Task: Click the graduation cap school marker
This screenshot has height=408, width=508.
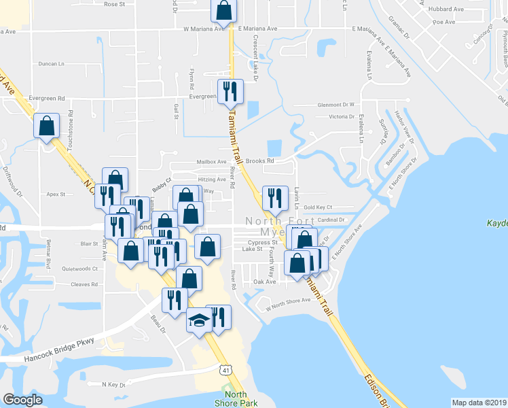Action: coord(199,320)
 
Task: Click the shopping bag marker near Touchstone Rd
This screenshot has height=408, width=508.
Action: coord(46,126)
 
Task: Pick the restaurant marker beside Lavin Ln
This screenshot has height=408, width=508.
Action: coord(275,198)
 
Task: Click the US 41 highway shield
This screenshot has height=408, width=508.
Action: coord(225,369)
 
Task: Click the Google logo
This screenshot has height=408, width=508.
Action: coord(22,400)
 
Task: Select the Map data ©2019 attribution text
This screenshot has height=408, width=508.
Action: coord(479,403)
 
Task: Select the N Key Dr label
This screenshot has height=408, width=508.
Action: coord(113,384)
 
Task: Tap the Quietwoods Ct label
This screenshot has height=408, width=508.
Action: coord(79,269)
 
